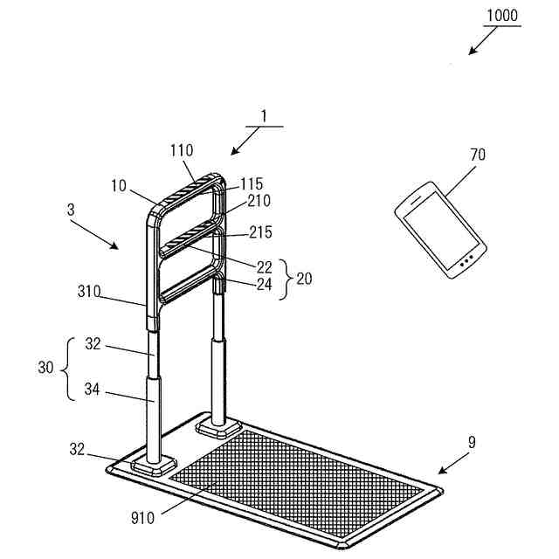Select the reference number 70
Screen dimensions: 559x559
point(478,155)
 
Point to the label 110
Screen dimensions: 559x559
point(183,150)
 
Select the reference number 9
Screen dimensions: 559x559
point(472,442)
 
